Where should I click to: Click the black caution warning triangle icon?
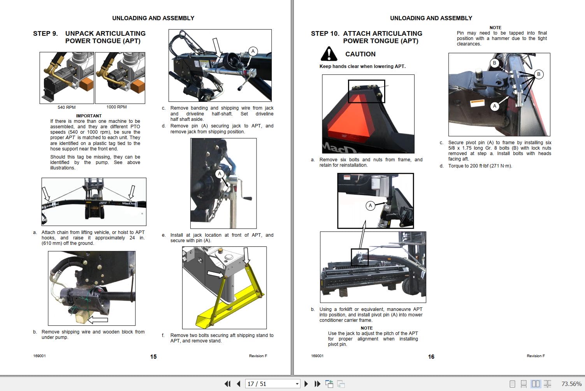pyautogui.click(x=329, y=54)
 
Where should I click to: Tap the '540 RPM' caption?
pyautogui.click(x=67, y=107)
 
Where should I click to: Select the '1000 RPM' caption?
pyautogui.click(x=116, y=107)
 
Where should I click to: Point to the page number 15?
pyautogui.click(x=153, y=356)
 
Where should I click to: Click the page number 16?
pyautogui.click(x=431, y=356)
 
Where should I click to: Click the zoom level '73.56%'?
pyautogui.click(x=571, y=384)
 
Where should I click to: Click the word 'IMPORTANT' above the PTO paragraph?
pyautogui.click(x=89, y=116)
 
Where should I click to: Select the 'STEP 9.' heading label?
pyautogui.click(x=45, y=33)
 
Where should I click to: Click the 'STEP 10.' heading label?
pyautogui.click(x=325, y=33)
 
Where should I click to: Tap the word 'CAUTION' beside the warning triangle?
pyautogui.click(x=360, y=54)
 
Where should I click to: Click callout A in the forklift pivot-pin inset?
pyautogui.click(x=370, y=206)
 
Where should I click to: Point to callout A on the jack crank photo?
pyautogui.click(x=220, y=174)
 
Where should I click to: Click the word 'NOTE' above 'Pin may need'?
pyautogui.click(x=495, y=28)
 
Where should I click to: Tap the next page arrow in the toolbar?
pyautogui.click(x=306, y=384)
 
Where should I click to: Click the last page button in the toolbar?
pyautogui.click(x=317, y=384)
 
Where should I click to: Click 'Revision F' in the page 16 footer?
pyautogui.click(x=536, y=356)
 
